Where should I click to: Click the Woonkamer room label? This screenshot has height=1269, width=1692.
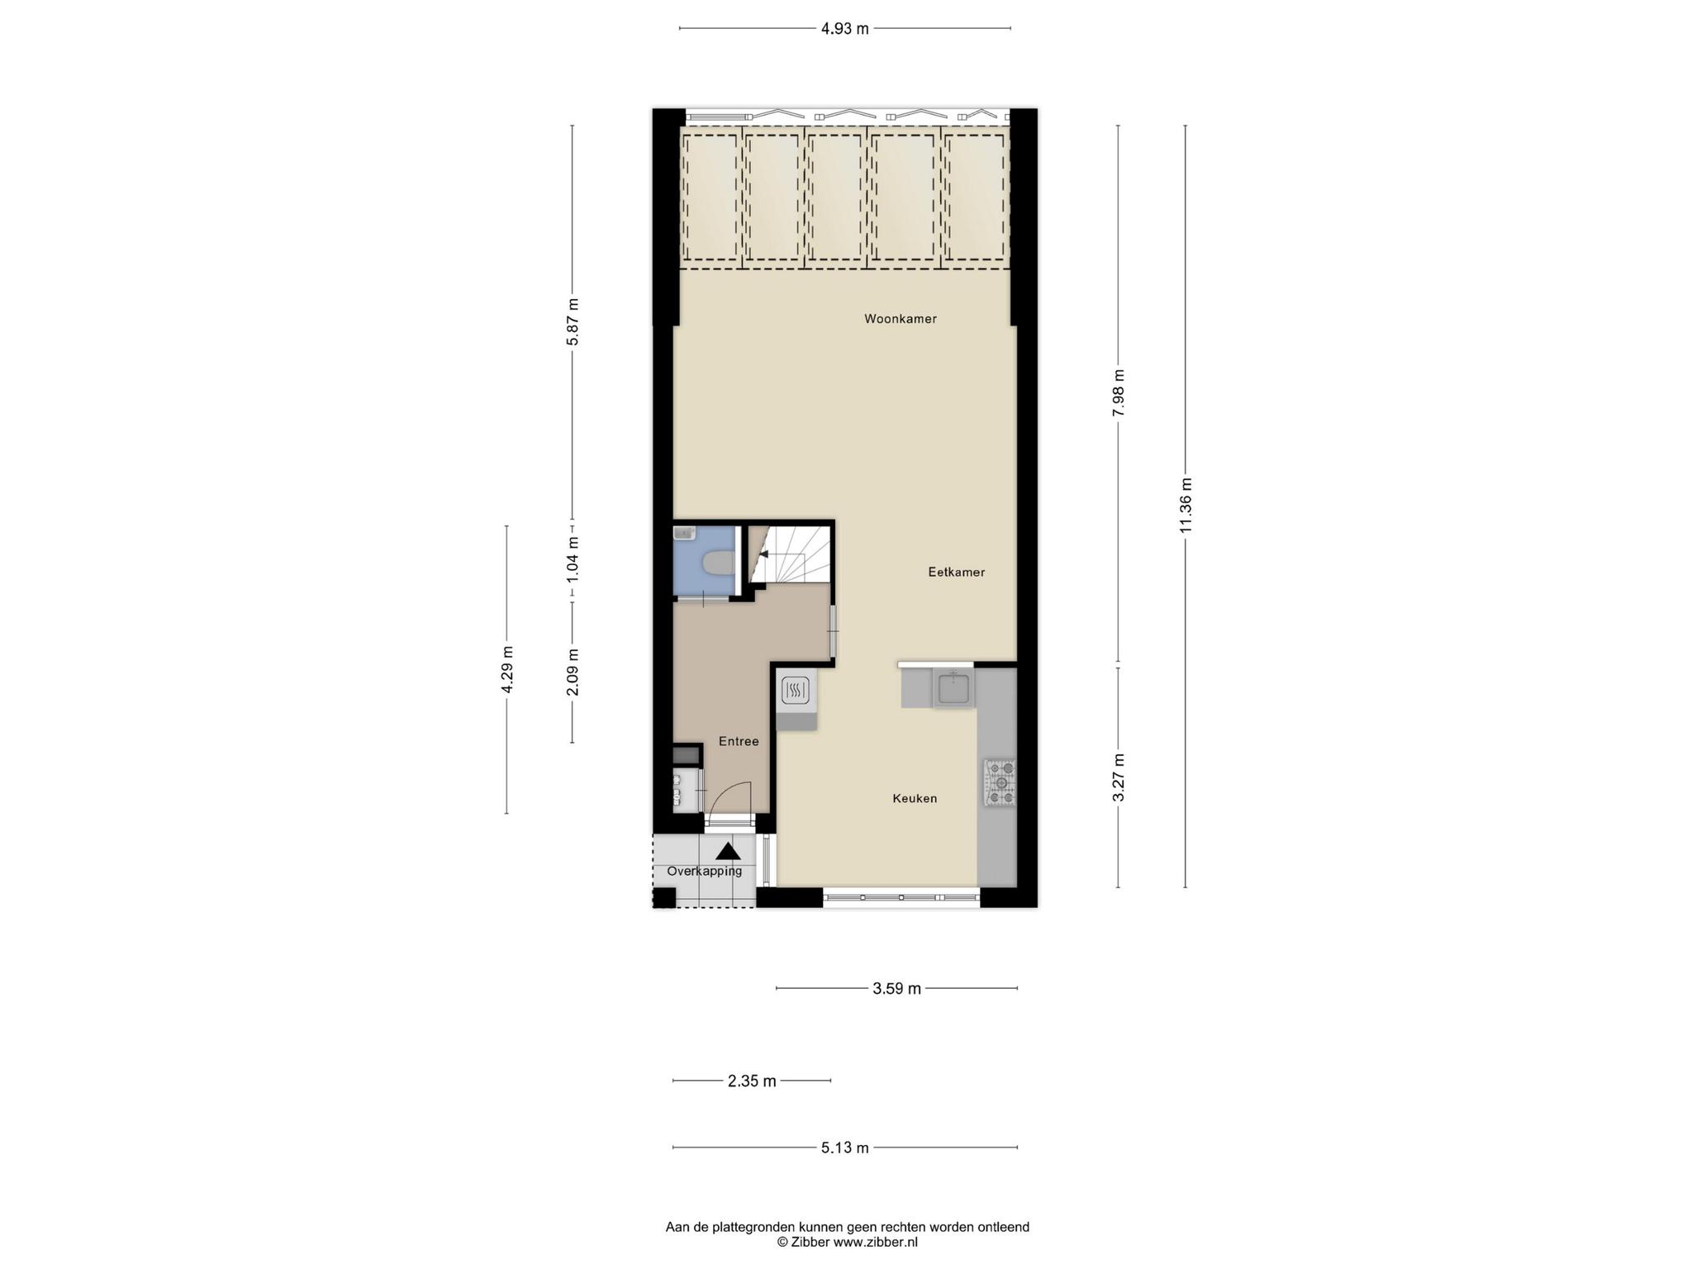(901, 319)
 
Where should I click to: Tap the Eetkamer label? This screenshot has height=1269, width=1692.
(956, 572)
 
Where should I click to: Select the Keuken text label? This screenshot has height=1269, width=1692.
(915, 798)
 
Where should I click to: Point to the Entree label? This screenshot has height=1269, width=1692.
(739, 741)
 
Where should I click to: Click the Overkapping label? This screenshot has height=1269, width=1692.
(705, 871)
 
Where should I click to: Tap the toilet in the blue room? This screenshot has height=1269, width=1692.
(718, 563)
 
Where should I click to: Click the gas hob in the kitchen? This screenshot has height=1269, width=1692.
(1000, 782)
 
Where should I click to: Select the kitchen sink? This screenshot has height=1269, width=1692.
(953, 687)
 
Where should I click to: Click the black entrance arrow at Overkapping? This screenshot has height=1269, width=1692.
(728, 851)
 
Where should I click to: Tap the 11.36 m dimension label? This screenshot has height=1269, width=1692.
(1186, 506)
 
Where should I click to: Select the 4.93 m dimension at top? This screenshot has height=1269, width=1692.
(844, 29)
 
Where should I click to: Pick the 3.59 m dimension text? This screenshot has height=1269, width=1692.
(896, 988)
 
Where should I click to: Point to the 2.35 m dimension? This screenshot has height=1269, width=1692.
(752, 1081)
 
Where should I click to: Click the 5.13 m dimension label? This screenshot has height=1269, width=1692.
(844, 1148)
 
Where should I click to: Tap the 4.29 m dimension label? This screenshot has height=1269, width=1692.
(506, 670)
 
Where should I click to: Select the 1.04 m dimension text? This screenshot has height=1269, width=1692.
(573, 561)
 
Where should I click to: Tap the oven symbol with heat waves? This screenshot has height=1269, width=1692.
(795, 690)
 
